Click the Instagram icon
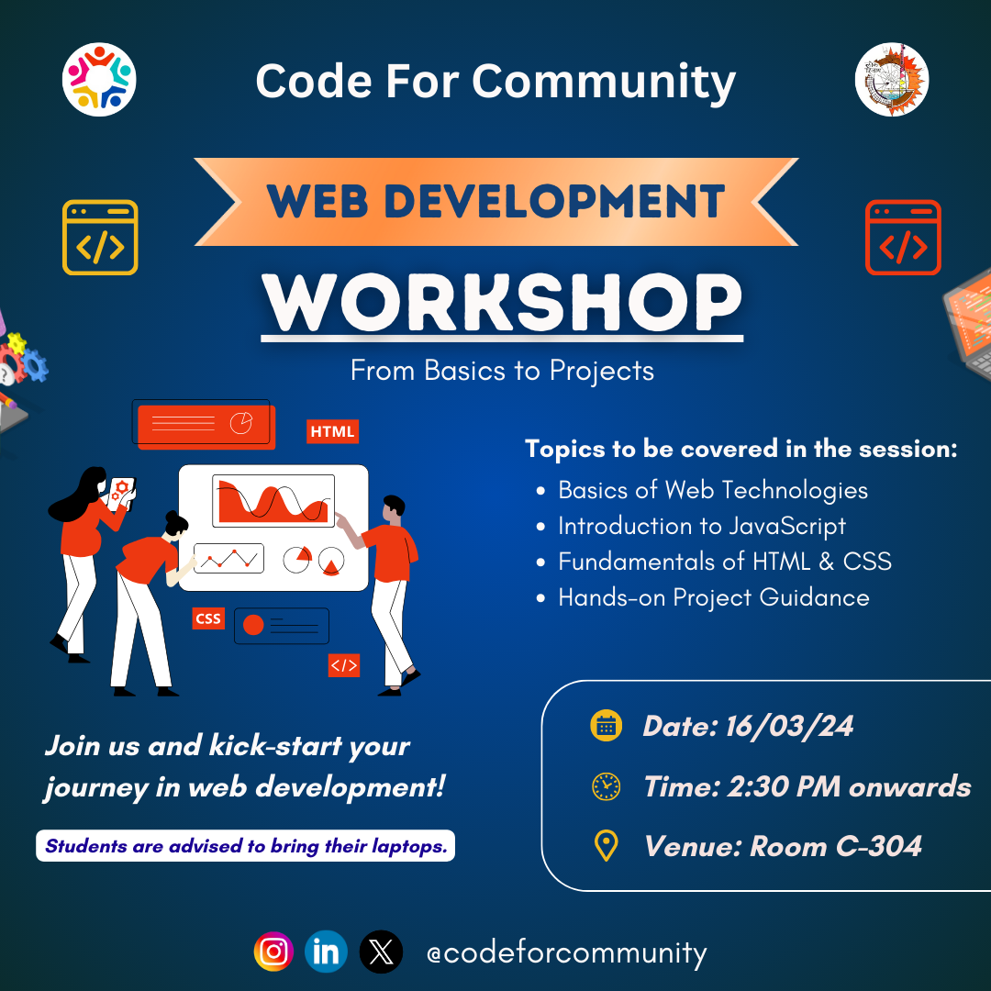pyautogui.click(x=273, y=952)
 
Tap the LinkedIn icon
pyautogui.click(x=326, y=952)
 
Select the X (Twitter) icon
pyautogui.click(x=380, y=952)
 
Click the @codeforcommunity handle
pyautogui.click(x=566, y=952)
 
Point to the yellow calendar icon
pyautogui.click(x=606, y=726)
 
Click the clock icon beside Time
pyautogui.click(x=606, y=786)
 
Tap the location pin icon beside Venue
pyautogui.click(x=606, y=845)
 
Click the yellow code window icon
pyautogui.click(x=100, y=238)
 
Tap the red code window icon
pyautogui.click(x=903, y=238)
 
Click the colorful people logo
pyautogui.click(x=99, y=80)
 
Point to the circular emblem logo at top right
pyautogui.click(x=891, y=80)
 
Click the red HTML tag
pyautogui.click(x=332, y=431)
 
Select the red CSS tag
pyautogui.click(x=208, y=618)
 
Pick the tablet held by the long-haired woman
pyautogui.click(x=122, y=493)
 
